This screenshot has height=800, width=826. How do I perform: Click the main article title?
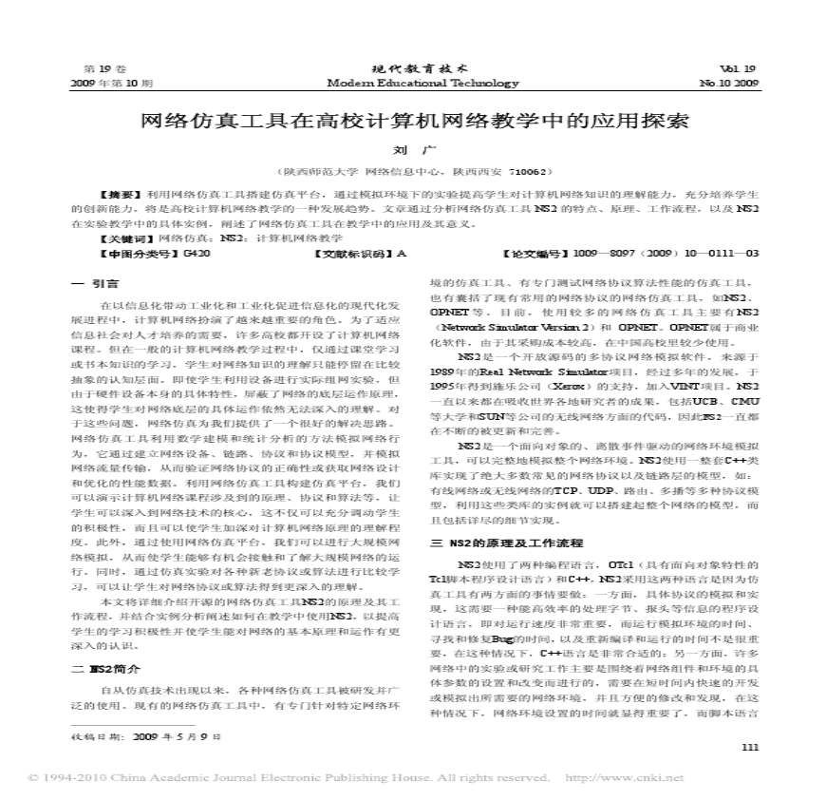tap(413, 123)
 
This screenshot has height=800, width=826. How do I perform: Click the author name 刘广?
tap(412, 150)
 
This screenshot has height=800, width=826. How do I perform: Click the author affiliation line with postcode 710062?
tap(412, 172)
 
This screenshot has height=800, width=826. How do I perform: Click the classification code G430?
tap(197, 254)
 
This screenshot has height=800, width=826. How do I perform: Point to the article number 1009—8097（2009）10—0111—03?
tap(666, 254)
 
